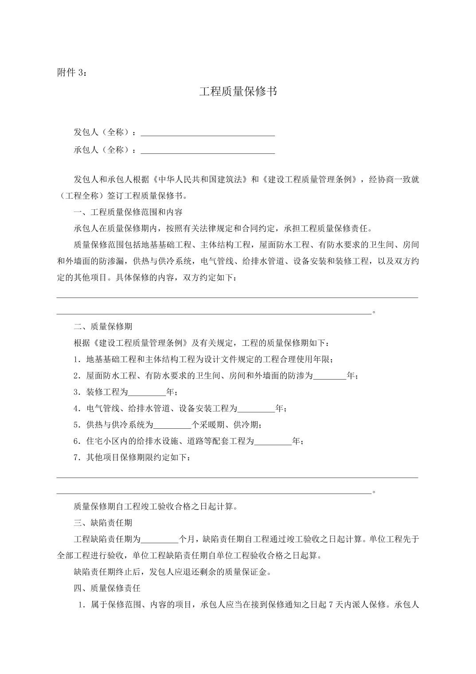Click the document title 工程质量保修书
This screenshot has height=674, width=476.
(238, 92)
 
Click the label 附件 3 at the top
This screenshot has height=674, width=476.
(72, 73)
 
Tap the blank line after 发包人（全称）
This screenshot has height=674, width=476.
(207, 133)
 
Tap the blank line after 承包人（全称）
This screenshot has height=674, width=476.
(207, 151)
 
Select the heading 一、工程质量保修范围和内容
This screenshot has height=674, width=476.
(128, 212)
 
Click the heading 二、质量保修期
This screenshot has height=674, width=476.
(103, 327)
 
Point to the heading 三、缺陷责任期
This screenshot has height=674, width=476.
(103, 523)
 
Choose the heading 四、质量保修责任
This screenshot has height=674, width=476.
(107, 588)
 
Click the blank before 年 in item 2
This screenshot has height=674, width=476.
(330, 376)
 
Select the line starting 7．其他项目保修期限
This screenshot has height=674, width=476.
(133, 458)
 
